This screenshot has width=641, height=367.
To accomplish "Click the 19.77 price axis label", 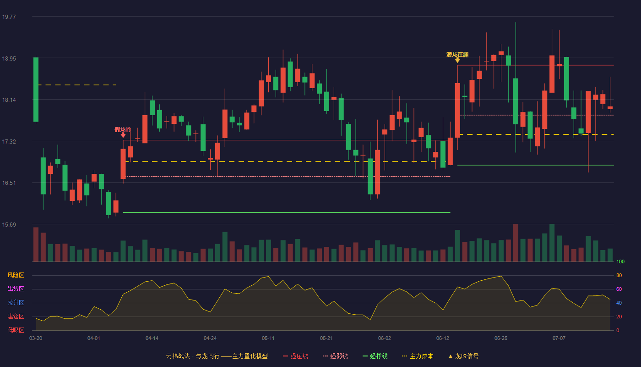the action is pos(9,17).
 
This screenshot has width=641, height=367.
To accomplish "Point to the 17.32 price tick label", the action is pos(9,142).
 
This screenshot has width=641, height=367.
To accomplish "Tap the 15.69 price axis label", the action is pos(9,225).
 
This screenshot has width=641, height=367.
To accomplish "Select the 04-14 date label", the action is pos(152,339).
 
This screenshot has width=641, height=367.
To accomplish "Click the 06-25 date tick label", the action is pos(501,339).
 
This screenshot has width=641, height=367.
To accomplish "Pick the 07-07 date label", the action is pos(559,339).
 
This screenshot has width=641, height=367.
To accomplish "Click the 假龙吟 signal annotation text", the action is pos(123,129).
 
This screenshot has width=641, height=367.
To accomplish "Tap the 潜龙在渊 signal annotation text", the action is pos(457,55).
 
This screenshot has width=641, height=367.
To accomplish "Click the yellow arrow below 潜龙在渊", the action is pos(457,60).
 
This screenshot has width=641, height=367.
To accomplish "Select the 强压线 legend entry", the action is pos(295,356).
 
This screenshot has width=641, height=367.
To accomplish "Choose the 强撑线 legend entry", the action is pos(375,356).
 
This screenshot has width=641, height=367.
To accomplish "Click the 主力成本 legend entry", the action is pos(418,356).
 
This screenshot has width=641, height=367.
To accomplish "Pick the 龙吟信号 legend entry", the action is pos(463,356).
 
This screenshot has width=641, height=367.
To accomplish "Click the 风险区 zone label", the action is pos(16,275).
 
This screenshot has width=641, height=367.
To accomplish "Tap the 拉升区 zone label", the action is pos(16,303).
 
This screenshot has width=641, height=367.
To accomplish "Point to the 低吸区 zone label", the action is pos(16,330).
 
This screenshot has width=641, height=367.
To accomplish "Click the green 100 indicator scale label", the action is pos(620,261).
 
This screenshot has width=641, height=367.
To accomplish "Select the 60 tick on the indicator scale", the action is pos(619,289).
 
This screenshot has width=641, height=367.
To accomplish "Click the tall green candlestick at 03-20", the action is pos(36,90).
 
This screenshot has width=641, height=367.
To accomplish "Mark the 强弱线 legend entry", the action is pos(335,356).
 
